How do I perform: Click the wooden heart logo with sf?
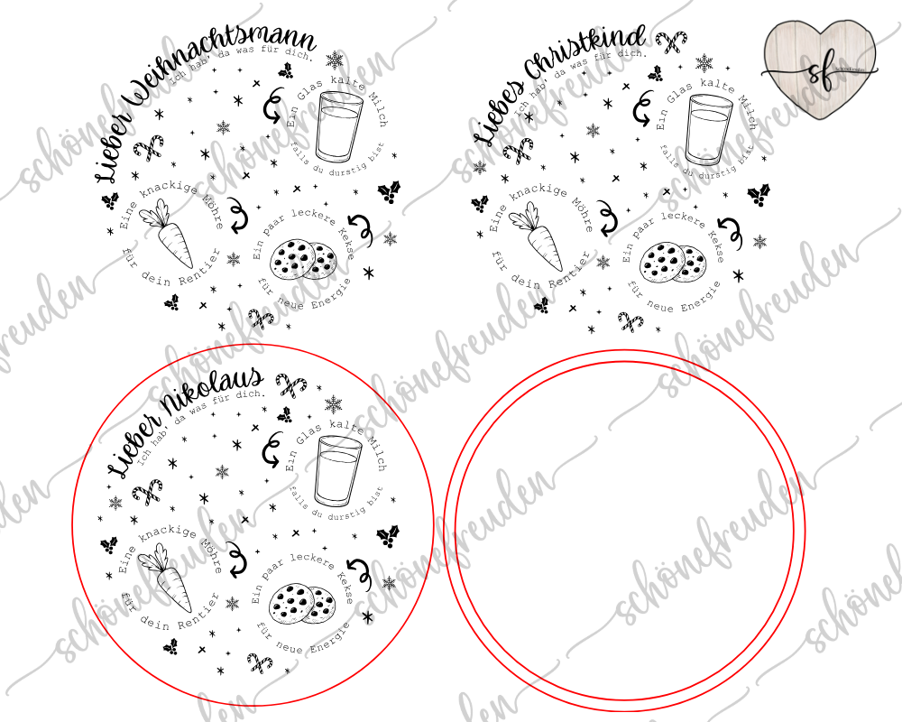pyautogui.click(x=818, y=68)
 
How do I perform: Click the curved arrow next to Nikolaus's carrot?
pyautogui.click(x=235, y=560)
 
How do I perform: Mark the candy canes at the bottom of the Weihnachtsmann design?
pyautogui.click(x=261, y=319)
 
